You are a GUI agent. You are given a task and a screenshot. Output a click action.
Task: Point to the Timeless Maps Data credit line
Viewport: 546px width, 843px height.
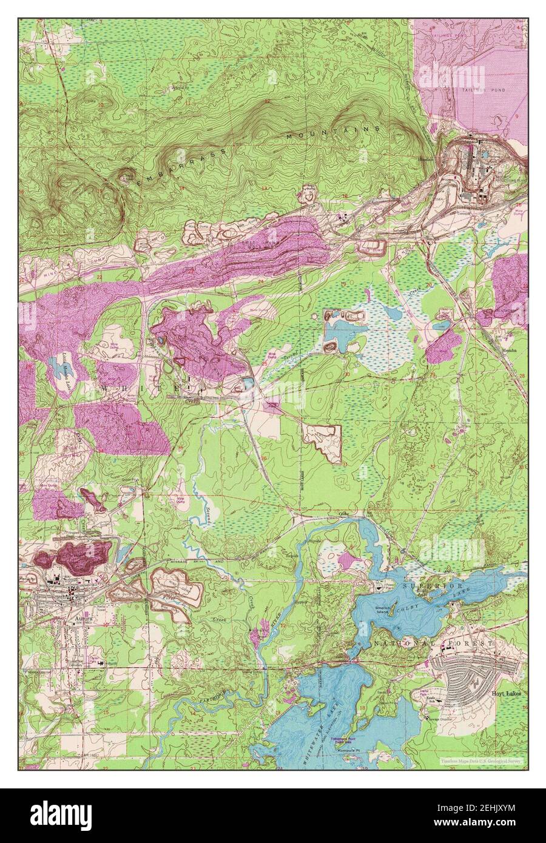[x=483, y=759]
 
